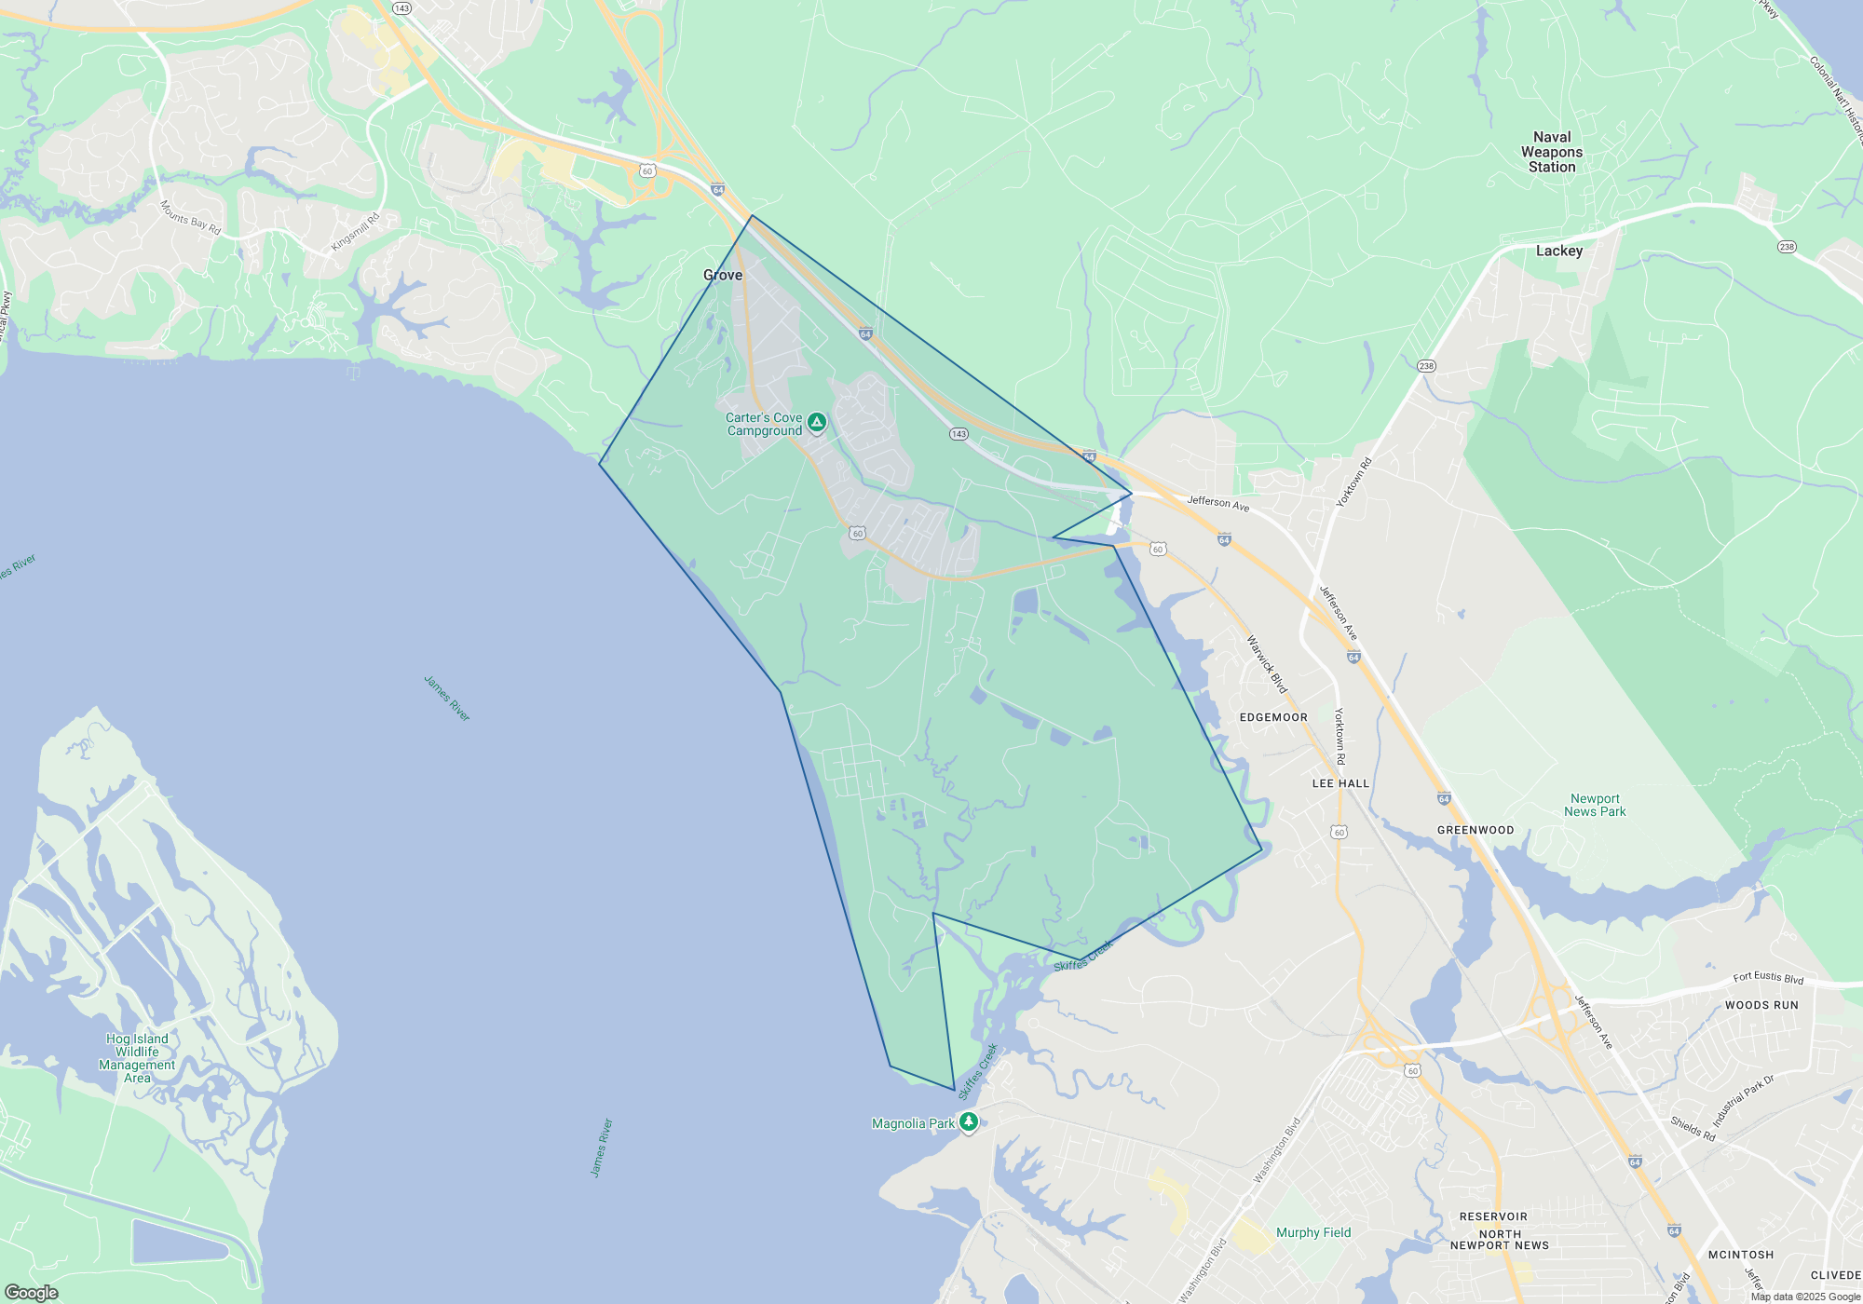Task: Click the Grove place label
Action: tap(723, 275)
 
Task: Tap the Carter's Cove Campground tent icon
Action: tap(817, 423)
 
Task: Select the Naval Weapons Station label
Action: tap(1552, 152)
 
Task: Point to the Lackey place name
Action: tap(1559, 251)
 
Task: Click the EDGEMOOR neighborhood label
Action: tap(1273, 717)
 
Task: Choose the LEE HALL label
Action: tap(1340, 783)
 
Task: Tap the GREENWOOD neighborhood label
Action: tap(1475, 830)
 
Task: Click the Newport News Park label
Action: tap(1595, 805)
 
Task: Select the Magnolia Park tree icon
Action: tap(969, 1121)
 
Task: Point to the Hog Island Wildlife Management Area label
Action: tap(137, 1058)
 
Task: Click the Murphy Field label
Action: tap(1313, 1232)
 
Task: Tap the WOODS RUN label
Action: tap(1761, 1005)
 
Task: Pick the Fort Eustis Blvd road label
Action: tap(1768, 977)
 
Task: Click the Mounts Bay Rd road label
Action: tap(190, 217)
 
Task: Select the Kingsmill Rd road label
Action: tap(356, 233)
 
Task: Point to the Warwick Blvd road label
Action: tap(1267, 664)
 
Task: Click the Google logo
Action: tap(32, 1293)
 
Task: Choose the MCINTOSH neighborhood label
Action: tap(1741, 1255)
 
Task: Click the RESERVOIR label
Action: tap(1493, 1216)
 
